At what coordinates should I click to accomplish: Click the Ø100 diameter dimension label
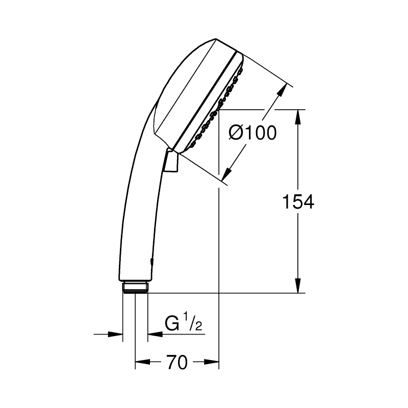click(x=252, y=134)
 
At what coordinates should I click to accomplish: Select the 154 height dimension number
click(x=298, y=202)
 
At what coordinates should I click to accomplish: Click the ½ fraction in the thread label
click(x=194, y=324)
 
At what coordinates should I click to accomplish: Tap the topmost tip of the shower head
click(x=217, y=39)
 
